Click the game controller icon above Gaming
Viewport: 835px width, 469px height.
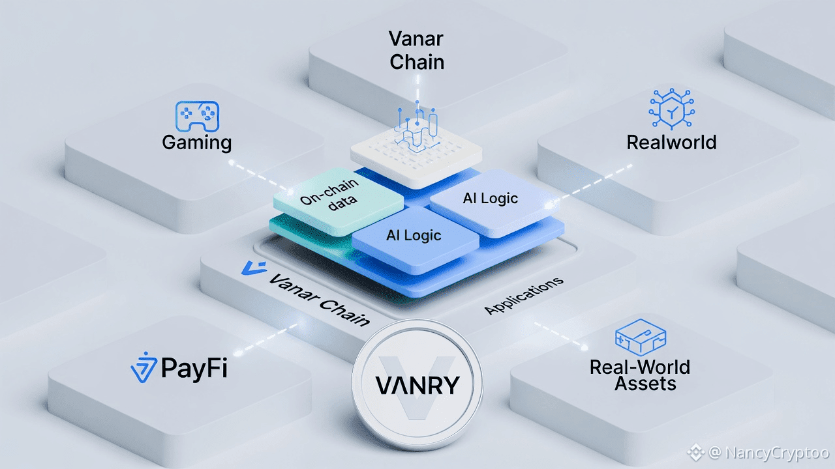pos(197,117)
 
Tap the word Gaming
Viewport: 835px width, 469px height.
pos(197,142)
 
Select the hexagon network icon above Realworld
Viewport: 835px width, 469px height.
pos(671,109)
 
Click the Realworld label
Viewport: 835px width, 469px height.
pos(671,142)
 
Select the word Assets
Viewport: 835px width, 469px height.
pos(645,384)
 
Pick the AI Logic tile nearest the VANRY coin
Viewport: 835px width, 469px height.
pos(414,236)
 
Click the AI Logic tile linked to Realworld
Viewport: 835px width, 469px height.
pos(491,199)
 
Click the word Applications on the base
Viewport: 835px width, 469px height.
pos(524,296)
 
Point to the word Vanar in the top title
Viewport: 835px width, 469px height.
pos(416,38)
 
